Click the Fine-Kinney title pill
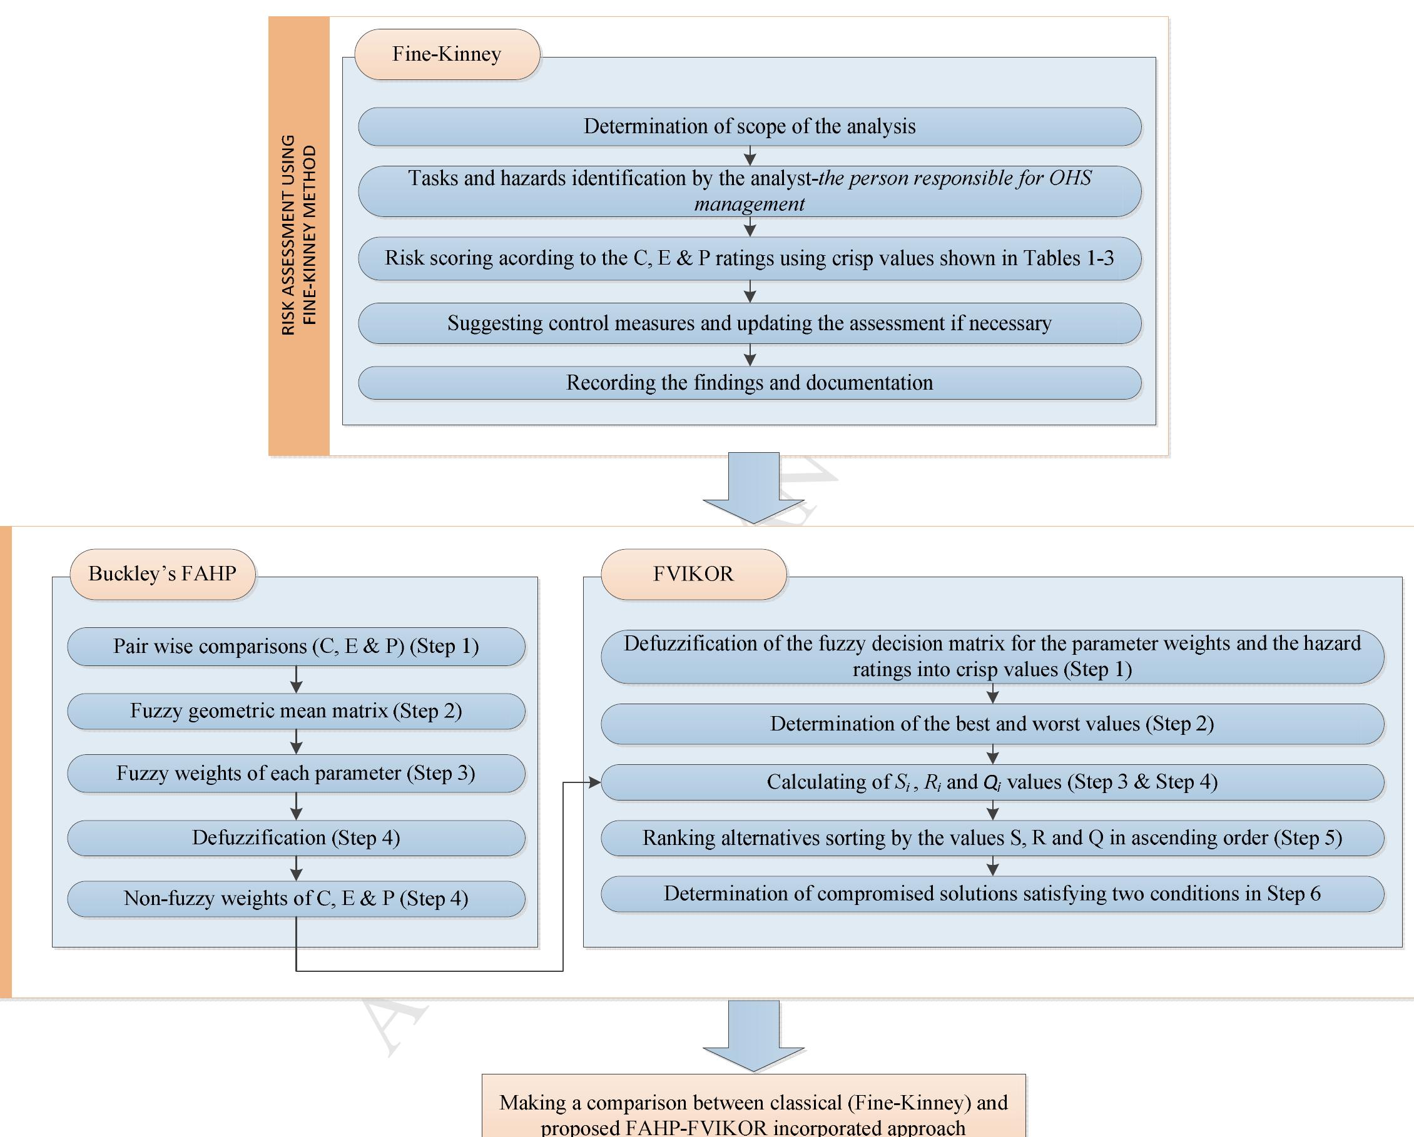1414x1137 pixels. (447, 54)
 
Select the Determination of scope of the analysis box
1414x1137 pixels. (749, 126)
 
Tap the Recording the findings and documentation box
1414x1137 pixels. (749, 383)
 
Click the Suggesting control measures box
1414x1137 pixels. (749, 323)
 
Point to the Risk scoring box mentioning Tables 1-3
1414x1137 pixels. (749, 258)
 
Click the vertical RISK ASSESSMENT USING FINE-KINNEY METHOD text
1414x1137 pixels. (299, 235)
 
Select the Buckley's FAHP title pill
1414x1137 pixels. (162, 574)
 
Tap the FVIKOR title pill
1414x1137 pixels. (693, 574)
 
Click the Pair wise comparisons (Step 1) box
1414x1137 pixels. (296, 647)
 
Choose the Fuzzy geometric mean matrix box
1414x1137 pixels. (296, 712)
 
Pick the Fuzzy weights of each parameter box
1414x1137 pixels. (296, 773)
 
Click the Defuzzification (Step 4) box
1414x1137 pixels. (296, 838)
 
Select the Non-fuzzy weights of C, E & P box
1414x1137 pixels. (296, 898)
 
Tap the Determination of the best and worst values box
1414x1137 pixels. (992, 724)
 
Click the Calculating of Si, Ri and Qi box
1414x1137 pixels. (992, 782)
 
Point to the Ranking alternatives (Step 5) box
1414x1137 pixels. (992, 838)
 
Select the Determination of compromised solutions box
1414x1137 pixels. (992, 894)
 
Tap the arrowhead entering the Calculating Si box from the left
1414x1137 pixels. (596, 782)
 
